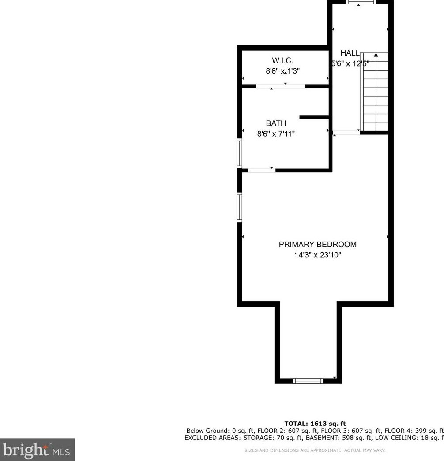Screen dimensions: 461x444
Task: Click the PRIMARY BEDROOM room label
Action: (x=317, y=244)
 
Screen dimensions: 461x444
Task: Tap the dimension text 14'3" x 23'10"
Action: (x=317, y=255)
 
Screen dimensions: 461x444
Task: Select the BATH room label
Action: (x=276, y=123)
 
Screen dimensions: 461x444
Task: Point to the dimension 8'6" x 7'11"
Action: (x=276, y=134)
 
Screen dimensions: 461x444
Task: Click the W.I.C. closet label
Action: (x=282, y=60)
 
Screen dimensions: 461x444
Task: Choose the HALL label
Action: (x=350, y=53)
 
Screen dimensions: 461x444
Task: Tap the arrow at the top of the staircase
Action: (x=376, y=55)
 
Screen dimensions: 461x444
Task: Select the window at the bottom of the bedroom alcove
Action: (x=308, y=381)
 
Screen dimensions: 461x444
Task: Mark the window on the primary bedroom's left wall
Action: (x=240, y=207)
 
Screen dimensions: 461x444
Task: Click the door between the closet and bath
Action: (x=280, y=86)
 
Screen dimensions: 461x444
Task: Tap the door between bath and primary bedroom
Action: (x=262, y=170)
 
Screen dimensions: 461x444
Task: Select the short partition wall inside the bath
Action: (x=314, y=117)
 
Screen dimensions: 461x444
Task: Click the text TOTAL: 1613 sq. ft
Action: (x=315, y=424)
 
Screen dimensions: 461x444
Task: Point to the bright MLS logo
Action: (x=37, y=450)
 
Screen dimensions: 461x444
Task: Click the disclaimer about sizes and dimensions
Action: (x=315, y=450)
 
